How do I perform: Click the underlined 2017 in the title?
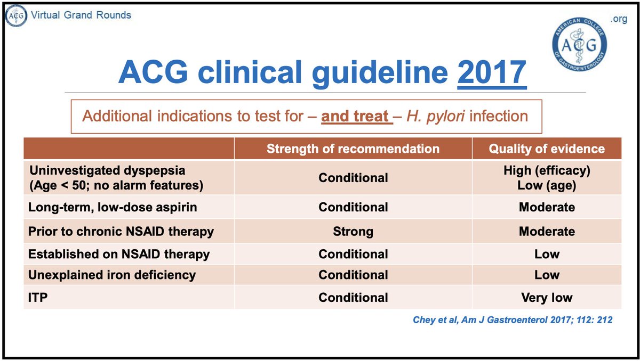pyautogui.click(x=492, y=74)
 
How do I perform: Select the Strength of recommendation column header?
pyautogui.click(x=353, y=149)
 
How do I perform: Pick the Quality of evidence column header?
pyautogui.click(x=547, y=149)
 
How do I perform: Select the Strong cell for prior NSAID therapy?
pyautogui.click(x=353, y=232)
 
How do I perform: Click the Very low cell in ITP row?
pyautogui.click(x=547, y=298)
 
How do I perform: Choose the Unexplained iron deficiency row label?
pyautogui.click(x=112, y=275)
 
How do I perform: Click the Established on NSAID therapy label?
pyautogui.click(x=119, y=254)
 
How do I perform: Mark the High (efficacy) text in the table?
pyautogui.click(x=547, y=170)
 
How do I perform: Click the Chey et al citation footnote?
pyautogui.click(x=513, y=320)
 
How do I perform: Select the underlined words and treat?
pyautogui.click(x=356, y=116)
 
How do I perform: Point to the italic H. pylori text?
pyautogui.click(x=432, y=116)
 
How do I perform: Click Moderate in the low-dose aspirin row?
pyautogui.click(x=547, y=207)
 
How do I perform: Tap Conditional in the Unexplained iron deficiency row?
pyautogui.click(x=353, y=275)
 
